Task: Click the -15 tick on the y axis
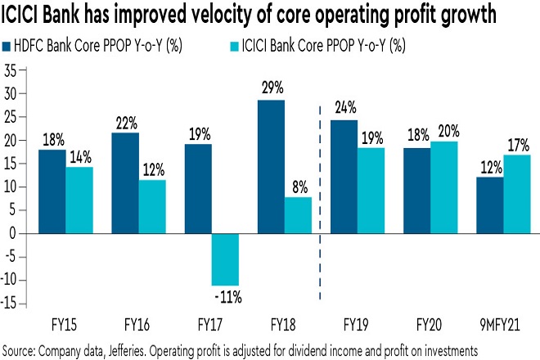pyautogui.click(x=8, y=304)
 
